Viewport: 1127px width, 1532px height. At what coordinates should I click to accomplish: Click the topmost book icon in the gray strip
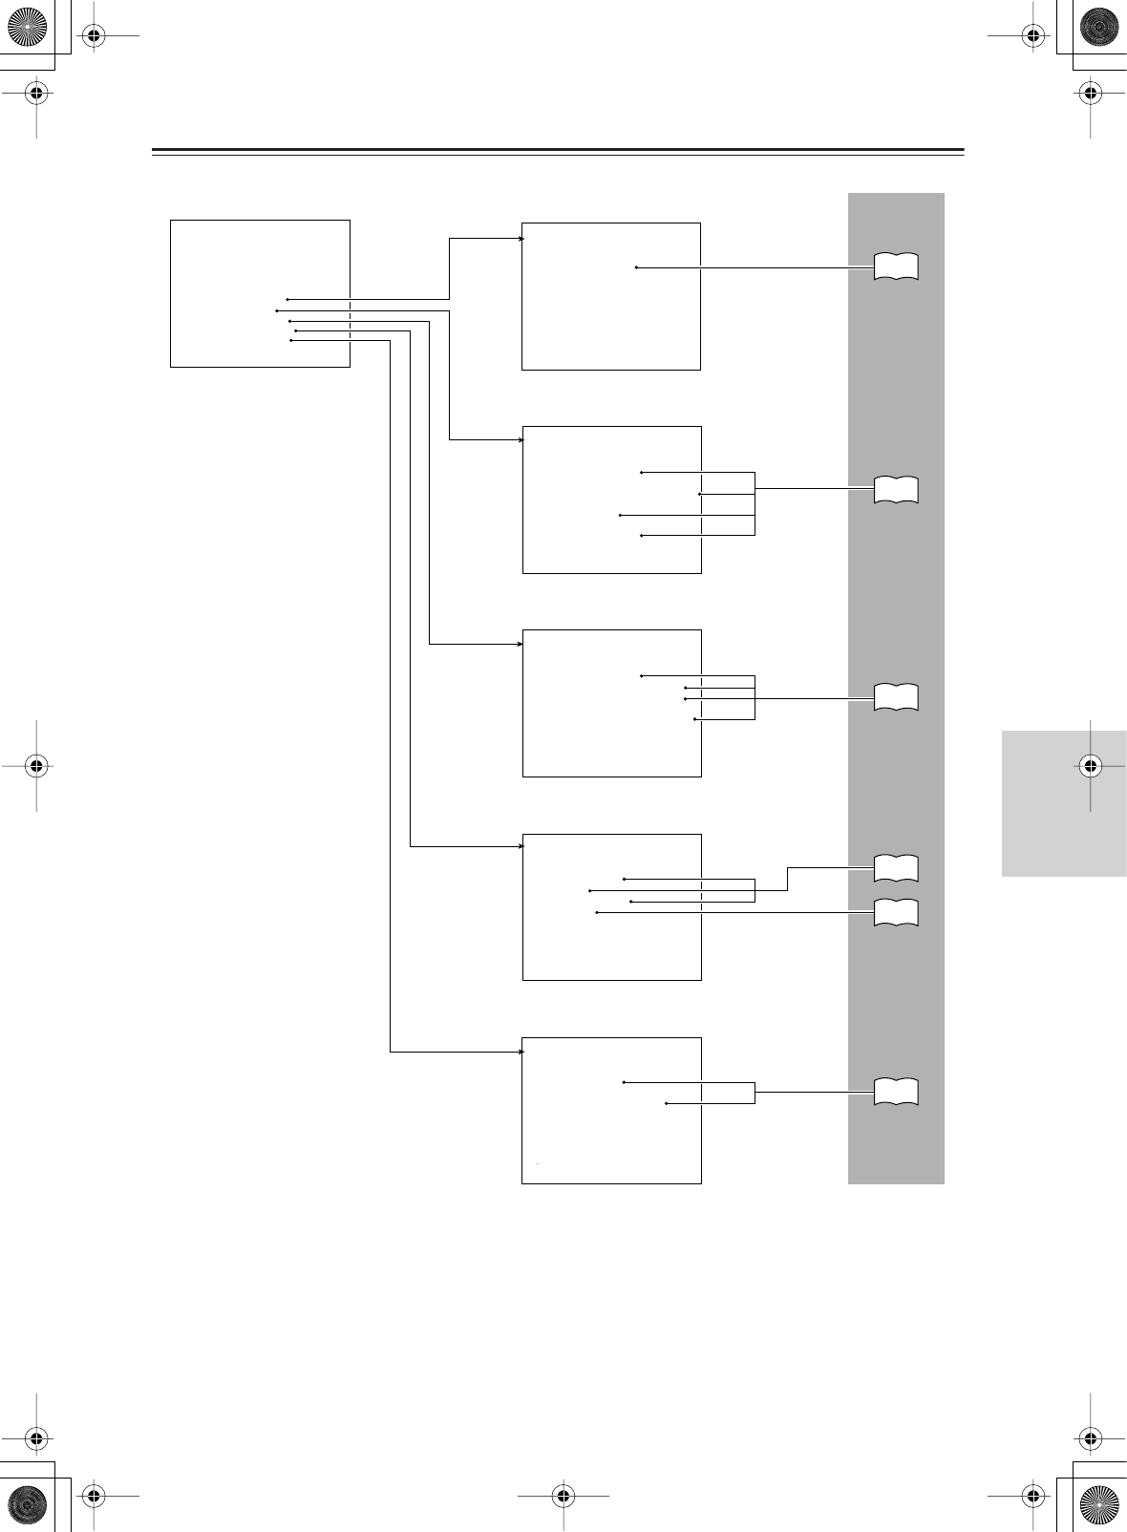tap(896, 266)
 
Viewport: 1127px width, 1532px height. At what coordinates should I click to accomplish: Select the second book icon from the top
tap(896, 489)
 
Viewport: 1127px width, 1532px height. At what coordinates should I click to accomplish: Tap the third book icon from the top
tap(896, 697)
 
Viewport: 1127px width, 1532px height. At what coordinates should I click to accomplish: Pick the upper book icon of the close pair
tap(896, 868)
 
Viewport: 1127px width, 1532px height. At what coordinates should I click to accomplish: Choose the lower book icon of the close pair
tap(896, 913)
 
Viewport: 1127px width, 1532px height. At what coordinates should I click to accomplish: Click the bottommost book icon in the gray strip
tap(896, 1092)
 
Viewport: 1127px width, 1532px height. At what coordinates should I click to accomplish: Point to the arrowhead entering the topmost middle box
tap(521, 239)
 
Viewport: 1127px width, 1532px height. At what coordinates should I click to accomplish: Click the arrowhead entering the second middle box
tap(521, 440)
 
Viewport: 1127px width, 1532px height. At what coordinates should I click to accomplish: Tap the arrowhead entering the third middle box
tap(521, 644)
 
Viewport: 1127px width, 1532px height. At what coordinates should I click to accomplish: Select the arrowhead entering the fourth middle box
tap(521, 846)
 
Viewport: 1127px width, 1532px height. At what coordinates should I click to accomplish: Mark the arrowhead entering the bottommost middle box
tap(521, 1052)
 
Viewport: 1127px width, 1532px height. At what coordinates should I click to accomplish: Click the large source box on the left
tap(260, 292)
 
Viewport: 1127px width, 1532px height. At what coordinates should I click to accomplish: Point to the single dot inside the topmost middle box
tap(636, 267)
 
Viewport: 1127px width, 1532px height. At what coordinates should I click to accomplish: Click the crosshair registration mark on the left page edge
tap(36, 764)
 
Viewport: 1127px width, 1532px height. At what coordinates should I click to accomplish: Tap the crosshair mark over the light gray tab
tap(1090, 764)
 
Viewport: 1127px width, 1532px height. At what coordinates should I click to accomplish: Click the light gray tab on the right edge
tap(1064, 803)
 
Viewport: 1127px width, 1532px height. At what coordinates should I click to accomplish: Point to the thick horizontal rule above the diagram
tap(558, 150)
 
